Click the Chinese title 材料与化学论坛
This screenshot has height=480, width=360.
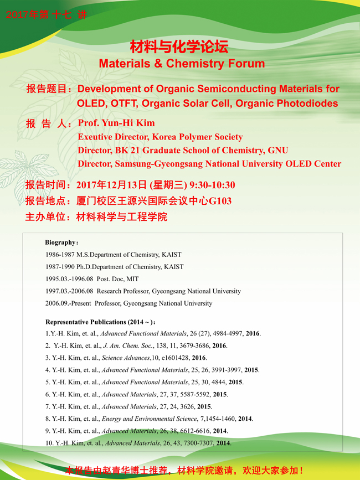[x=179, y=46]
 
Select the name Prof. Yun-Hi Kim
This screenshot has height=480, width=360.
[x=116, y=123]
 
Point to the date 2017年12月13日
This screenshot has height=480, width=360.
[x=111, y=185]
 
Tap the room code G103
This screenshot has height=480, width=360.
[x=220, y=201]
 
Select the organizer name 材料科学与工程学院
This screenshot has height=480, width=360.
[x=120, y=216]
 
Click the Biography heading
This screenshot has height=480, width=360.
[x=61, y=242]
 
